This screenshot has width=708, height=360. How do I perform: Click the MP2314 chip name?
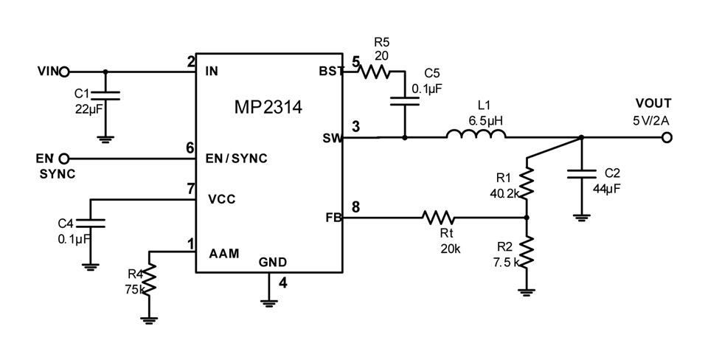pos(268,107)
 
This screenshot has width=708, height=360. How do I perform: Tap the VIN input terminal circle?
pos(65,72)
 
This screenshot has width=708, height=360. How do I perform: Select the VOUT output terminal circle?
pos(667,137)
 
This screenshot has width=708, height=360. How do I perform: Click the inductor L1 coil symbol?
pos(476,134)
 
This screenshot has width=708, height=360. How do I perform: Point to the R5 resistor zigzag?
pos(375,72)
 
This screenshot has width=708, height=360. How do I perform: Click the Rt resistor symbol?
pos(438,218)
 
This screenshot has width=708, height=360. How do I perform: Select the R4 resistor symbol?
pos(149,278)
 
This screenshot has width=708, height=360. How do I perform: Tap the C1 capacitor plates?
pos(105,95)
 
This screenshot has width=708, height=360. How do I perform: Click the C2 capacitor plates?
pos(581,174)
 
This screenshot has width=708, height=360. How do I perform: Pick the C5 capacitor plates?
pos(405,101)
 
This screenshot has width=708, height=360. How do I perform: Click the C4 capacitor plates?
pos(90,223)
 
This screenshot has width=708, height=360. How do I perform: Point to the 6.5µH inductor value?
pos(485,120)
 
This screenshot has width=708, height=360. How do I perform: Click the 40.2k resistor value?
pos(504,193)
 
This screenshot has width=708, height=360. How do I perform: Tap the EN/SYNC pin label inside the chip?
pos(236,159)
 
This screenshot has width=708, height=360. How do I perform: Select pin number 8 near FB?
pos(355,207)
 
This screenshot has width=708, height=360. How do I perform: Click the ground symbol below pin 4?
pos(268,302)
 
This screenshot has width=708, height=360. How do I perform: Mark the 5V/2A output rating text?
pos(651,120)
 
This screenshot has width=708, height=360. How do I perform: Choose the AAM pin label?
pos(224,253)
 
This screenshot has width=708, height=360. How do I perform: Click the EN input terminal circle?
pos(65,159)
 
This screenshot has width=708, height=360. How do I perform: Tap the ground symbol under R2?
pos(527,292)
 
